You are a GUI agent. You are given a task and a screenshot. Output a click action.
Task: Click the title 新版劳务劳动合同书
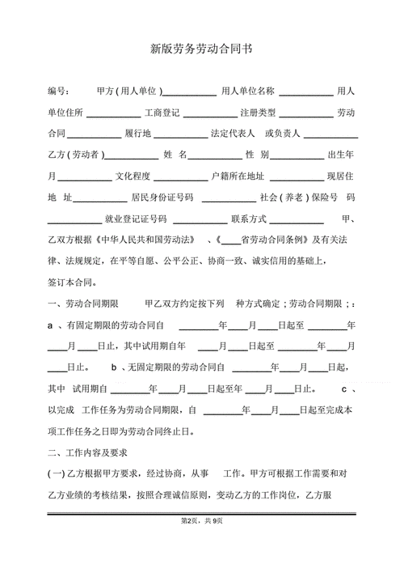(201, 48)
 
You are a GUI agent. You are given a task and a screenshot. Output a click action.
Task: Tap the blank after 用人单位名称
(305, 91)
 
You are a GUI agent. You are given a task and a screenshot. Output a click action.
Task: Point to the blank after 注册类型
(305, 112)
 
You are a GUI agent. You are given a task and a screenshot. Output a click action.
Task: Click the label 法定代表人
(232, 133)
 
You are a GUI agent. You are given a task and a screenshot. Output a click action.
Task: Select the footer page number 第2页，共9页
(201, 520)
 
